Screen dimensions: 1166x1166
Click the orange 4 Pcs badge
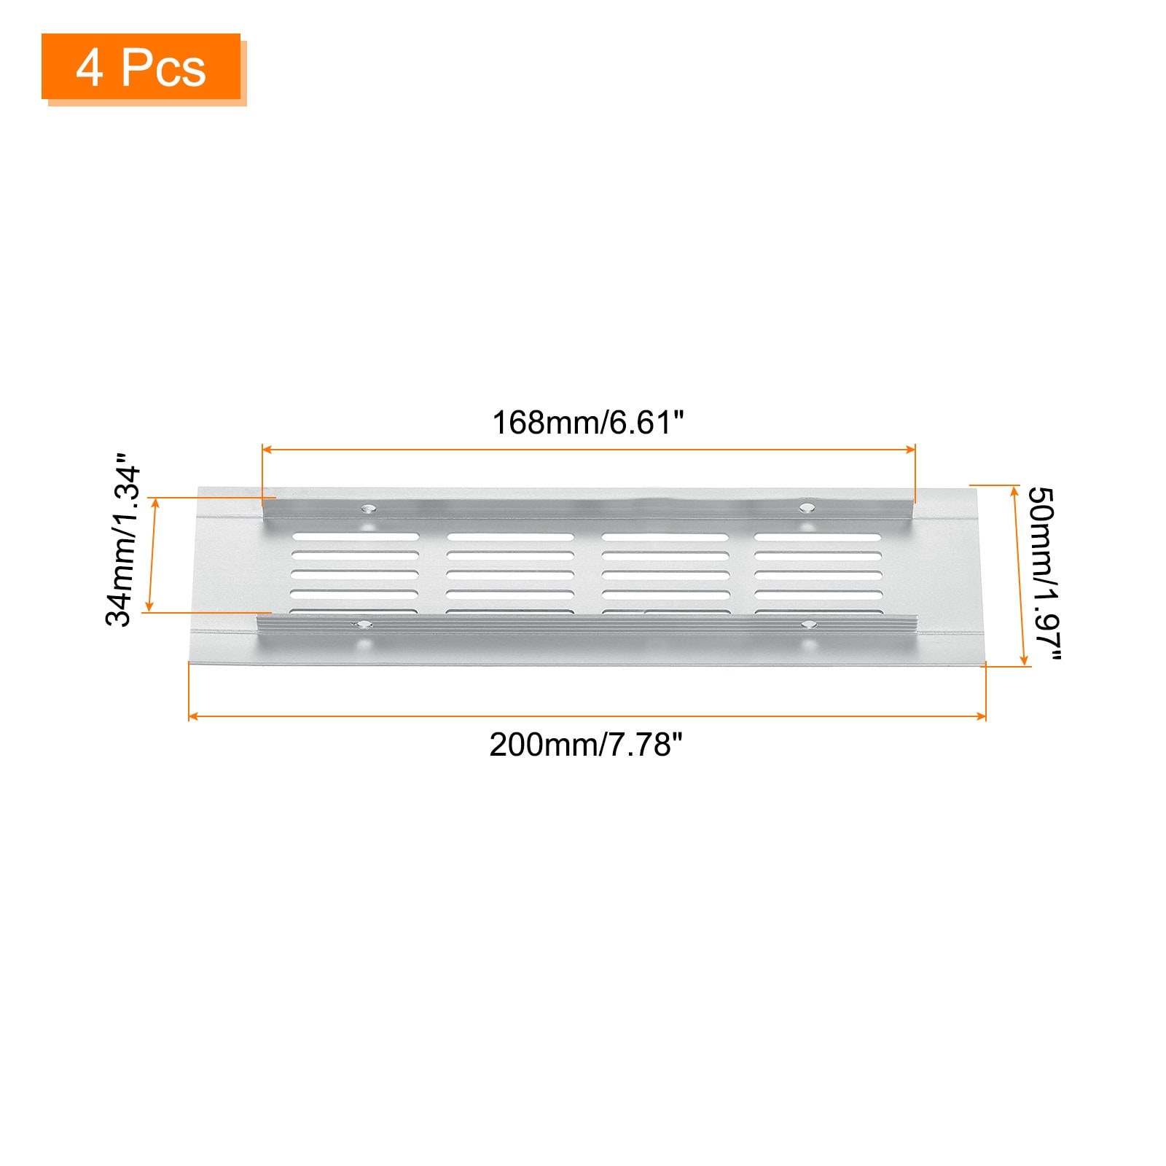coord(141,66)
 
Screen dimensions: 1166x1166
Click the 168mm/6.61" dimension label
coord(588,423)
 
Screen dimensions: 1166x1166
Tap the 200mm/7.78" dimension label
coord(586,745)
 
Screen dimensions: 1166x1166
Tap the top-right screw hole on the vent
coord(805,507)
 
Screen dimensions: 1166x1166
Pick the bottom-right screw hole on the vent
coord(808,625)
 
